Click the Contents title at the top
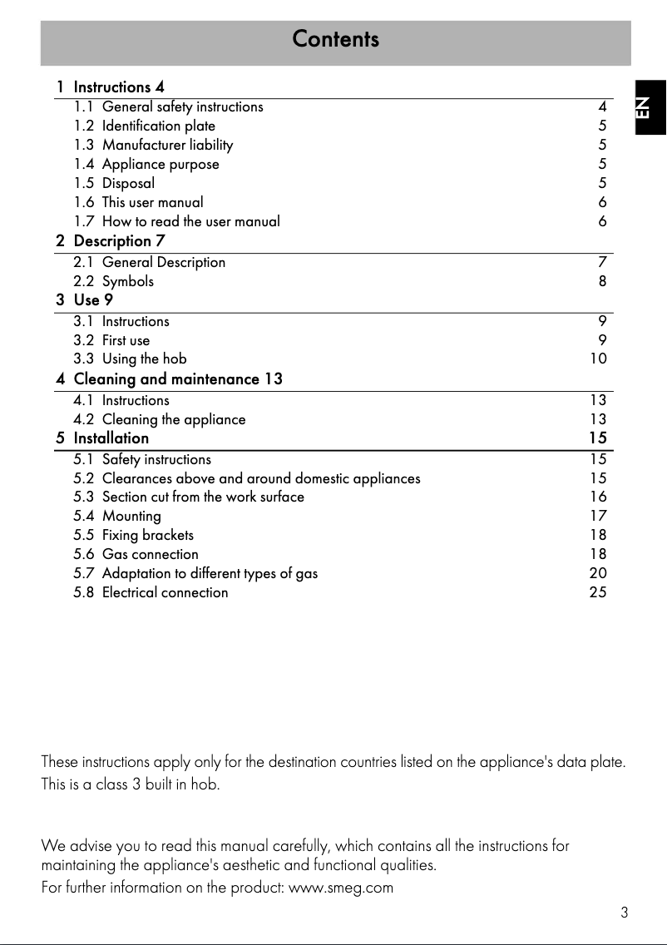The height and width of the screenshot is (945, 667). tap(335, 39)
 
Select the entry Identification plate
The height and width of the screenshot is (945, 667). tap(158, 126)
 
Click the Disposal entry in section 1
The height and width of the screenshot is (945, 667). tap(128, 183)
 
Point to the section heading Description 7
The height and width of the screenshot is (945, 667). tap(119, 241)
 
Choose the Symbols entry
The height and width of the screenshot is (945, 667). tap(127, 281)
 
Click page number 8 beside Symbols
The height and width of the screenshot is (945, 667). tap(602, 281)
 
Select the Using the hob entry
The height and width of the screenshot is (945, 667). tap(144, 359)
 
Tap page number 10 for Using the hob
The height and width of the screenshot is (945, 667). tap(598, 359)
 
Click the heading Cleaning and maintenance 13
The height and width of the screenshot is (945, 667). tap(178, 379)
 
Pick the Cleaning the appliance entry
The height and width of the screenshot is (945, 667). tap(173, 419)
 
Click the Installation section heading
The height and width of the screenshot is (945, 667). tap(111, 438)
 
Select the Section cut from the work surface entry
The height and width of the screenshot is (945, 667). tap(203, 497)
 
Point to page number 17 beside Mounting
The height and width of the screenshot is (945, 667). tap(598, 516)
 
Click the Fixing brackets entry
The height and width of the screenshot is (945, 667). tap(147, 535)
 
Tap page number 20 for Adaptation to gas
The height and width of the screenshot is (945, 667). tap(598, 573)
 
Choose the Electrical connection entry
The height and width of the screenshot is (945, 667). tap(165, 592)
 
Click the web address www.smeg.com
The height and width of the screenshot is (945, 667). tap(340, 888)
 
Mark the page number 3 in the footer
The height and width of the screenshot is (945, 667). tap(624, 913)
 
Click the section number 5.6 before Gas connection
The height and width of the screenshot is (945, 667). tap(84, 554)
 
